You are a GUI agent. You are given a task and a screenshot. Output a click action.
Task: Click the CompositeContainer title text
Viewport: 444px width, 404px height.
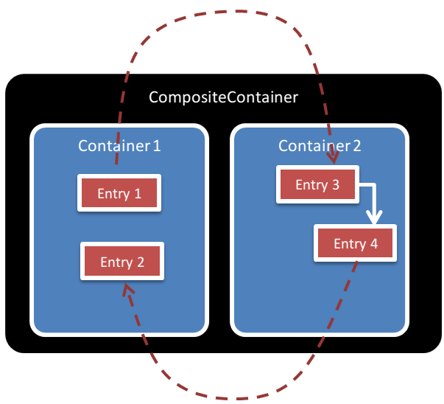point(223,97)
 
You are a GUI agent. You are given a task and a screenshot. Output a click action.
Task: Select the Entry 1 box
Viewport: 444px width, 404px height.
point(119,194)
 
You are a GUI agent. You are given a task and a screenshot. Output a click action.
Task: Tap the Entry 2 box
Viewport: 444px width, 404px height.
point(121,262)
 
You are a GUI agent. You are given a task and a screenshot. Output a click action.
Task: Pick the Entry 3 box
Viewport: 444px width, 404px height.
point(317,184)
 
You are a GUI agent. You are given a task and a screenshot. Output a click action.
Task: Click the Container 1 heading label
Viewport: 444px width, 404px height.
point(119,145)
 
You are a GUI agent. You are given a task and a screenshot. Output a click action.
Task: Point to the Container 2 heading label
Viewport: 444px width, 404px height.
point(320,145)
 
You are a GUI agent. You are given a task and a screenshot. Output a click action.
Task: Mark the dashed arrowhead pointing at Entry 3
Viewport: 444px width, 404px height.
point(333,158)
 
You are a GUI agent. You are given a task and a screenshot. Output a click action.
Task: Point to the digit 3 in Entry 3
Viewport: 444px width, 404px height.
point(335,185)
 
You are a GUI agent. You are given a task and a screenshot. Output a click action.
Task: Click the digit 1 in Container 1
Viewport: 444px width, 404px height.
point(156,145)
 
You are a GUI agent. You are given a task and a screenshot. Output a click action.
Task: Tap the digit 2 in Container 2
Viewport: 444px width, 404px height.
point(356,145)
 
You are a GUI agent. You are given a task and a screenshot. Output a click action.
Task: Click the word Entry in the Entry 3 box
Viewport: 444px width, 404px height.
point(311,185)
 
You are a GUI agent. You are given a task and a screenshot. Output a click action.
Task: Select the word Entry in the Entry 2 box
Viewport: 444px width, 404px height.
point(116,262)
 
